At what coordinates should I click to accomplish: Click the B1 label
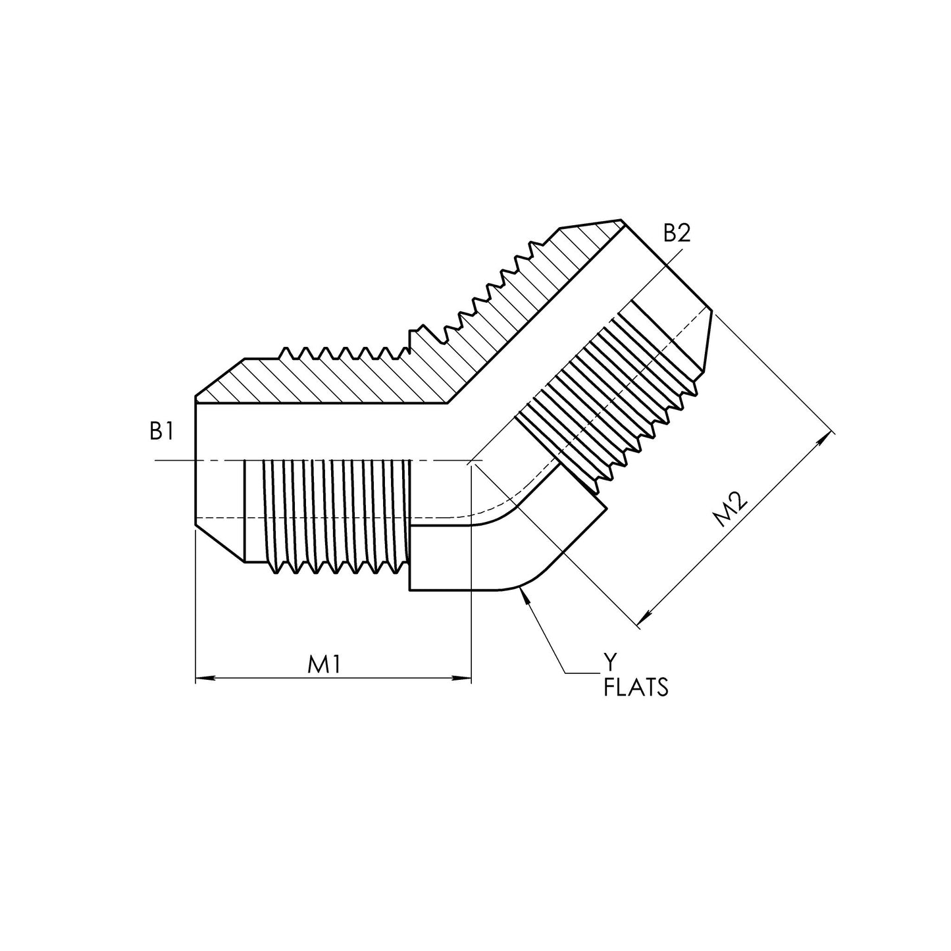162,431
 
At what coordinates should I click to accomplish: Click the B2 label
677,233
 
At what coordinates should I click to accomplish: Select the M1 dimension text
324,665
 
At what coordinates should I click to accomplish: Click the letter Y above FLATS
611,662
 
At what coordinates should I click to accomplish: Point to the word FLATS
636,687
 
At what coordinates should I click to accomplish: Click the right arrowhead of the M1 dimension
461,679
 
